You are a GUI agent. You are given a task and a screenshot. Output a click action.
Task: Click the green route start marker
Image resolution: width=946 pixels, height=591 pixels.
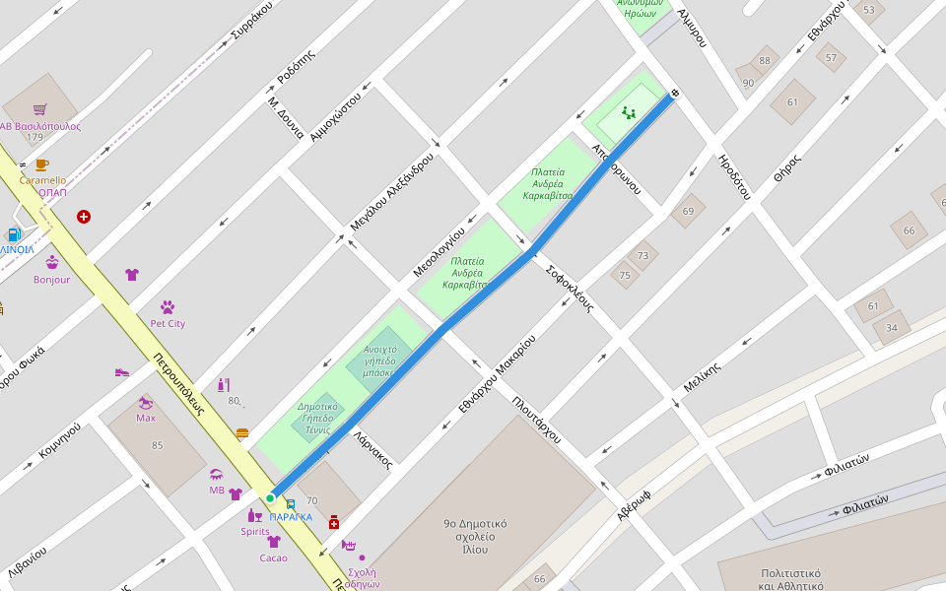pos(270,498)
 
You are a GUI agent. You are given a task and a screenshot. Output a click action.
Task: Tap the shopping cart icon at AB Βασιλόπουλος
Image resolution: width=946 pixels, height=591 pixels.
pos(39,109)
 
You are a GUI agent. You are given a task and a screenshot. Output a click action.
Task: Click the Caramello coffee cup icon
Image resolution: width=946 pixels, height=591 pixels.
pos(41,165)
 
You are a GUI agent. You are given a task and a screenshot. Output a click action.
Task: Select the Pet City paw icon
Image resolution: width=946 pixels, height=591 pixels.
pos(168,307)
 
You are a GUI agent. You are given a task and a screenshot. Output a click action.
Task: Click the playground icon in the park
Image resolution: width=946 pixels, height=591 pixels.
pos(629,113)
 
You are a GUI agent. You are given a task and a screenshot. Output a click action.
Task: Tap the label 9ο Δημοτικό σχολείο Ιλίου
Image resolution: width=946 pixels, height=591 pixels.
pos(475,537)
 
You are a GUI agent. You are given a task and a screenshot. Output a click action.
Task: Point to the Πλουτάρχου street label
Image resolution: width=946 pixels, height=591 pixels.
pos(536,419)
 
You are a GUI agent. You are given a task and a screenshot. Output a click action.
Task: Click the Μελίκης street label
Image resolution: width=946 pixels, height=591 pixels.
pos(703,378)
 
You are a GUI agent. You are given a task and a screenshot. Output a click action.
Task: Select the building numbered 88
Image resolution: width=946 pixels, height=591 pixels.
pos(765,60)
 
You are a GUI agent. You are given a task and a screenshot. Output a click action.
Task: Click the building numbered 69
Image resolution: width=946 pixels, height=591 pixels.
pos(688,211)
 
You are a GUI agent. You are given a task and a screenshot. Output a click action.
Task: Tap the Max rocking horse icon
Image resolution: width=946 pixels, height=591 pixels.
pos(146,402)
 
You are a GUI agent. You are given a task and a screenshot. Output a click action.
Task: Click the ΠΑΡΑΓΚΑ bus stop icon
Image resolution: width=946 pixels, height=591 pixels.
pos(290,504)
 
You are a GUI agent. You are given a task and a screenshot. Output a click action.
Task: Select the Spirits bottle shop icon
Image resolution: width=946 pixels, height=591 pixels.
pos(254,515)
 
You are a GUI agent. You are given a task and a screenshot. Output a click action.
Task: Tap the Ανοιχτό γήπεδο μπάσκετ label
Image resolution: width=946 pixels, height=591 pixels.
pos(379,361)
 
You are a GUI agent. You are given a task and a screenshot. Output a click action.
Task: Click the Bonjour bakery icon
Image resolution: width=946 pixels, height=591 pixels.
pos(52,263)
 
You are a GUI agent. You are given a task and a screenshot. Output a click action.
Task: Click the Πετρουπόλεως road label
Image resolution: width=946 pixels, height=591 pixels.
pos(178,383)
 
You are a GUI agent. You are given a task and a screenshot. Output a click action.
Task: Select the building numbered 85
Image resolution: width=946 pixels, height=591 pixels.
pos(157,445)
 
